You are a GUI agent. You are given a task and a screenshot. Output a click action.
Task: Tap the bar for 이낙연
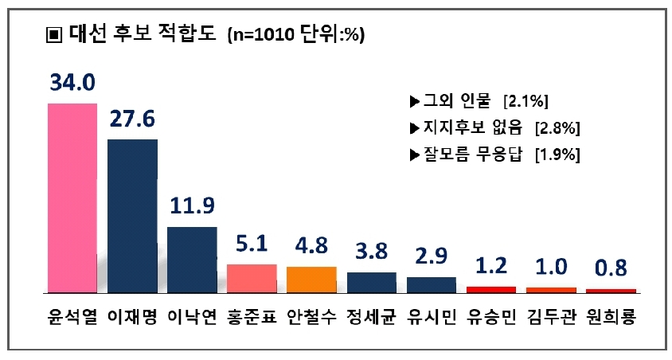pyautogui.click(x=192, y=259)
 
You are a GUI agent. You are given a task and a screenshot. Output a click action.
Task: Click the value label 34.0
pyautogui.click(x=72, y=83)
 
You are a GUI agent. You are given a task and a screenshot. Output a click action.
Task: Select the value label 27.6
pyautogui.click(x=132, y=119)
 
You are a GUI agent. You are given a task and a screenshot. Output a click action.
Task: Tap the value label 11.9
pyautogui.click(x=192, y=206)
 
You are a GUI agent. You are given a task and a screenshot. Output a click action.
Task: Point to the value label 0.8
pyautogui.click(x=611, y=266)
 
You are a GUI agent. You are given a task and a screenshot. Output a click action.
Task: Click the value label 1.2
pyautogui.click(x=491, y=264)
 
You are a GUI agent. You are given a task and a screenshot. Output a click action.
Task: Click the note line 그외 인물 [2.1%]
pyautogui.click(x=478, y=102)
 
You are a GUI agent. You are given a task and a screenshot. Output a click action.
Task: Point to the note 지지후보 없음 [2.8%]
pyautogui.click(x=494, y=128)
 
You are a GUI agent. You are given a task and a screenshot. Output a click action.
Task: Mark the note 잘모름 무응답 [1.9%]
pyautogui.click(x=494, y=155)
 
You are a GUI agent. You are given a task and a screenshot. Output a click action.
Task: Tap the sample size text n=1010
pyautogui.click(x=262, y=35)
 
